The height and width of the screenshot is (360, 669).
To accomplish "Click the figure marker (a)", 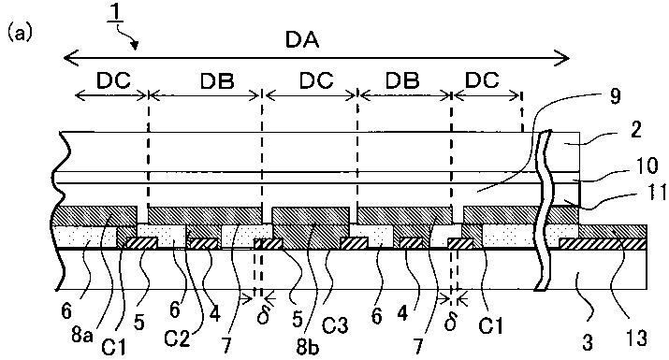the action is click(20, 34).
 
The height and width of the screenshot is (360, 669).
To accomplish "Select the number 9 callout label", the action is click(614, 96).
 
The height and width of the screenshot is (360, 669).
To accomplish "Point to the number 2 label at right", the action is click(635, 130).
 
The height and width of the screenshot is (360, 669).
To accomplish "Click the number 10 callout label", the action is click(647, 166).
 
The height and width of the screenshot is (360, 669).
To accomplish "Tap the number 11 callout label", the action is click(657, 193).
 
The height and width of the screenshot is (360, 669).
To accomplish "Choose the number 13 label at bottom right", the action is click(634, 338).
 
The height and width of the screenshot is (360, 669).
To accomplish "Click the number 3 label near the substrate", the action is click(588, 342).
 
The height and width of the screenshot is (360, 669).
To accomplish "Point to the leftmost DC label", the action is click(113, 79).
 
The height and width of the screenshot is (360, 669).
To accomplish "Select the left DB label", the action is click(217, 79).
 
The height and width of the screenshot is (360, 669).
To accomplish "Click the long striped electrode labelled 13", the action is click(603, 244).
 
